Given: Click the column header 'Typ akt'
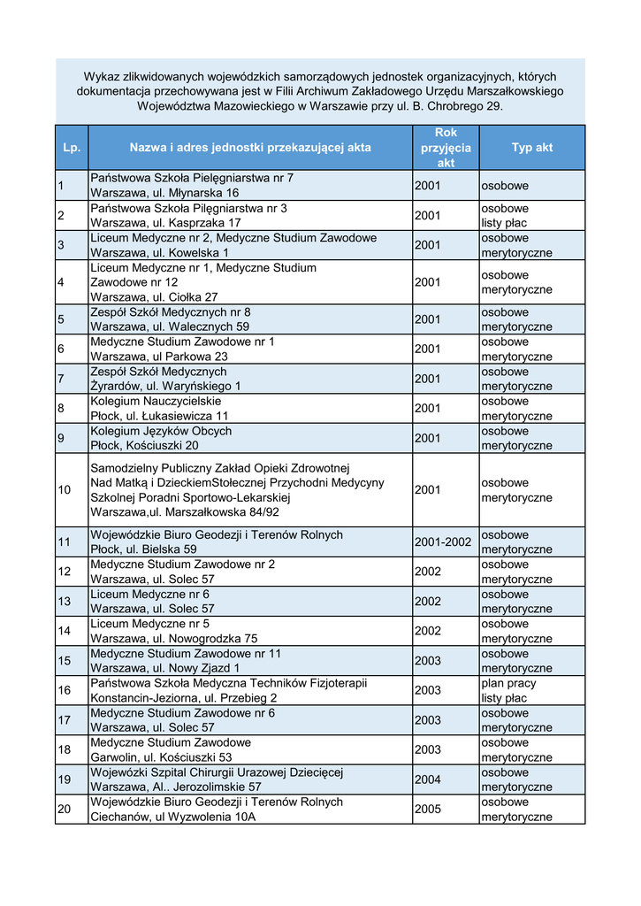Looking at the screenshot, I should click(531, 148).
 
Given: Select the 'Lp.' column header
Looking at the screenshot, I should click(72, 148).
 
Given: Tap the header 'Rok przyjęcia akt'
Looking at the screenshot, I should click(446, 148).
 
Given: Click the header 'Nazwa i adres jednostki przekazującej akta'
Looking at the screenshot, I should click(250, 148).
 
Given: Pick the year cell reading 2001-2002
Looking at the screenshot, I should click(443, 541).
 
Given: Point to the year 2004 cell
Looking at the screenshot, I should click(427, 779).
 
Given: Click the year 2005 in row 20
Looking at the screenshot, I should click(427, 809).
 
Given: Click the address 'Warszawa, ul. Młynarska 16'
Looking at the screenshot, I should click(164, 193).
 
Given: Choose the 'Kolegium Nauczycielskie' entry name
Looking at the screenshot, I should click(156, 401).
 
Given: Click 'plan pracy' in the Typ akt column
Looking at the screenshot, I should click(508, 683).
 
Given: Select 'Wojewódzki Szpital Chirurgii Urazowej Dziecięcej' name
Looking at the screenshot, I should click(217, 772).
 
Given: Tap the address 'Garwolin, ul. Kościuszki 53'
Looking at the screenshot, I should click(162, 757).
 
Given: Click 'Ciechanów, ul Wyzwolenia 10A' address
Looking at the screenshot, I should click(173, 817).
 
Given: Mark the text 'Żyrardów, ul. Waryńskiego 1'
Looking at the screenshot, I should click(165, 386).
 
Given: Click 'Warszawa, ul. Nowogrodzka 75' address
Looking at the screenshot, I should click(174, 639).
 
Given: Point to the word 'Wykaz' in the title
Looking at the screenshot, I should click(102, 76).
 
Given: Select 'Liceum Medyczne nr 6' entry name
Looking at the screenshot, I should click(149, 595).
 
